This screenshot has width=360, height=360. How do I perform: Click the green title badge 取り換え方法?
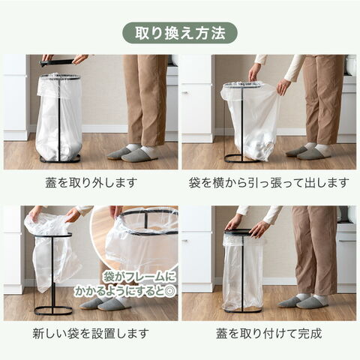click(x=180, y=33)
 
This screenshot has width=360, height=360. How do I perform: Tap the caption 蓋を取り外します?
click(x=91, y=183)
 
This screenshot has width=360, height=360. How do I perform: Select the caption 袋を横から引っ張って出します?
click(x=268, y=183)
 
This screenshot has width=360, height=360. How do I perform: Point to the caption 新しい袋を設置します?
click(x=91, y=334)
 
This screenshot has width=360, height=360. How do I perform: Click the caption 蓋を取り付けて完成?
click(x=269, y=334)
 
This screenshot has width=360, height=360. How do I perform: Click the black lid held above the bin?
click(x=58, y=62)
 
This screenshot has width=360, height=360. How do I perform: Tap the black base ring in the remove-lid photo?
click(x=60, y=159)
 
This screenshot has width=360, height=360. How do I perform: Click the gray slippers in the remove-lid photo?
click(x=133, y=153)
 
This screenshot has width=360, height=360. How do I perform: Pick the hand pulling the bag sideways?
click(x=283, y=86)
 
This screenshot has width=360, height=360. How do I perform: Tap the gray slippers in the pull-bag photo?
click(x=309, y=151)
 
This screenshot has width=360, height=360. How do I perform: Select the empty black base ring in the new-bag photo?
click(x=53, y=310)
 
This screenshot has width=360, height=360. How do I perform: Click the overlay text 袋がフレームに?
click(x=139, y=277)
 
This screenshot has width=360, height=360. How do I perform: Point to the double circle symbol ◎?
click(x=172, y=291)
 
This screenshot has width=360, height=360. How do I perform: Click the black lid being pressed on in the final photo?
click(x=238, y=233)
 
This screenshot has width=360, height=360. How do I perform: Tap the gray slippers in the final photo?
click(x=303, y=301)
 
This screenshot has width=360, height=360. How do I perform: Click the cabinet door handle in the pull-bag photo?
click(x=185, y=92)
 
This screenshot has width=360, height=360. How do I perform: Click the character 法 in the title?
click(x=218, y=33)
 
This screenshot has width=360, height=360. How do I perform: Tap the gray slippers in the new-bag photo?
click(x=105, y=304)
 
